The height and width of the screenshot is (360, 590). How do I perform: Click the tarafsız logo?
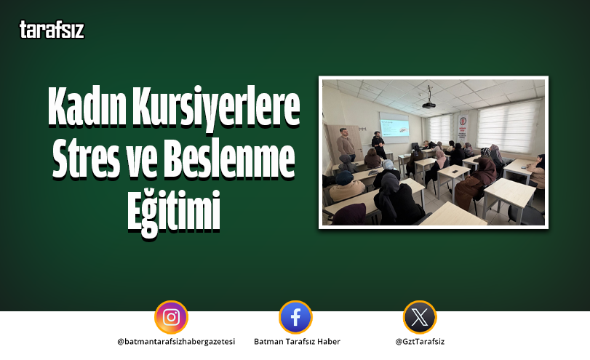click(52, 30)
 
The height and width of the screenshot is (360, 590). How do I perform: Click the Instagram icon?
click(171, 317)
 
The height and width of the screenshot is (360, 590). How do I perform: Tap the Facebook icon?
click(295, 317)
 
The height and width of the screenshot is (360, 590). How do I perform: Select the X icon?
click(420, 317)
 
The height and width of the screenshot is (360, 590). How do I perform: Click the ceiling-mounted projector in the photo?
click(430, 103)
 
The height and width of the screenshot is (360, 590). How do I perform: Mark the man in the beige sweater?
click(347, 145)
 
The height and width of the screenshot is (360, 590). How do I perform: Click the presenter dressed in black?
click(378, 145)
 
